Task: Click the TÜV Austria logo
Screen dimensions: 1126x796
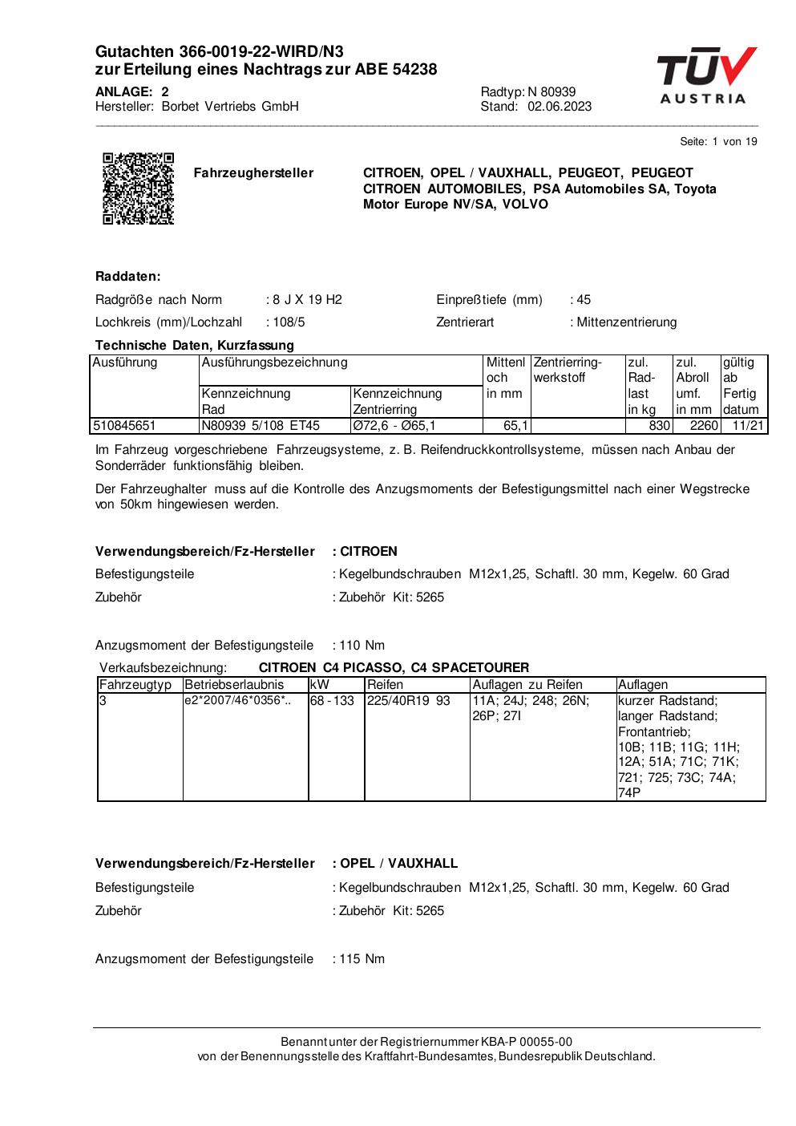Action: [x=706, y=75]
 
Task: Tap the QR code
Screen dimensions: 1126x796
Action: [x=138, y=188]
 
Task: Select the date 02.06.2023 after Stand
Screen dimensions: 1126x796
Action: [x=560, y=107]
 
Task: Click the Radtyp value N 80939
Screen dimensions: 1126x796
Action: [x=552, y=92]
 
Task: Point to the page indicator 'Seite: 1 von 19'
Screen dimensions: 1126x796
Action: [x=718, y=142]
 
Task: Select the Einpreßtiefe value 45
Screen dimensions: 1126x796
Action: [x=583, y=300]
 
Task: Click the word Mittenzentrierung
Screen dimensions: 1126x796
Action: [x=627, y=322]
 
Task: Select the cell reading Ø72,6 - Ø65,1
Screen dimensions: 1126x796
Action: [x=394, y=426]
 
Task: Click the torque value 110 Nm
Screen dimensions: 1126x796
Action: [x=362, y=646]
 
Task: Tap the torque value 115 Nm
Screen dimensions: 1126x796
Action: [x=362, y=959]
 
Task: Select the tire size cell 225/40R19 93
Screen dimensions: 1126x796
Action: [x=409, y=701]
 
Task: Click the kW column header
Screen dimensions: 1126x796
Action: [x=319, y=685]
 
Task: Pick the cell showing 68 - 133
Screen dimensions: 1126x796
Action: [x=332, y=701]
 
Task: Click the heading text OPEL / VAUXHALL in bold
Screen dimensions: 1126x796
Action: [x=398, y=864]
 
